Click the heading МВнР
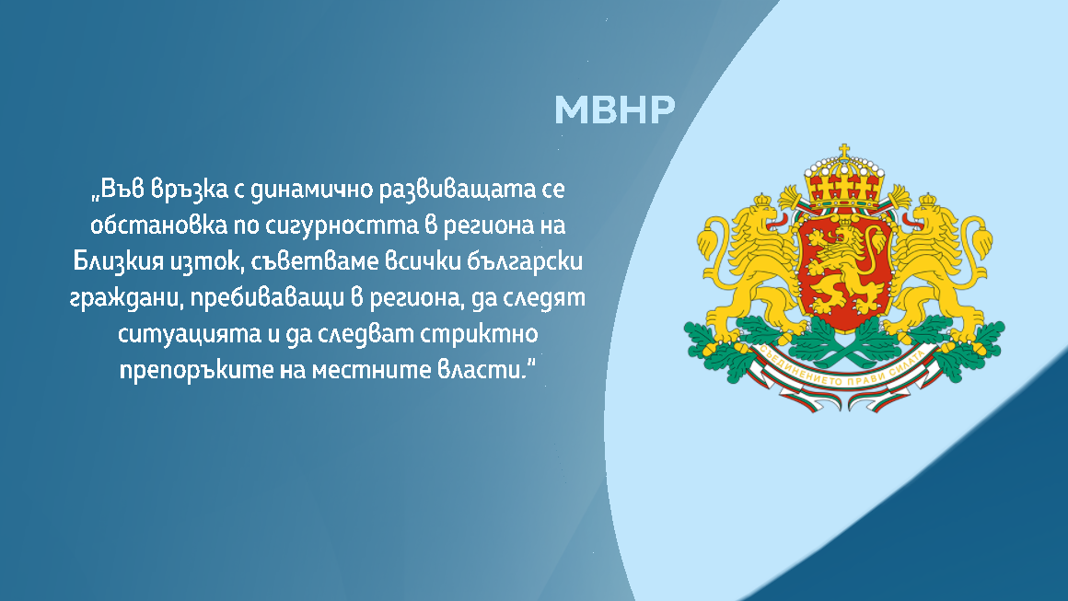coord(614,110)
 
